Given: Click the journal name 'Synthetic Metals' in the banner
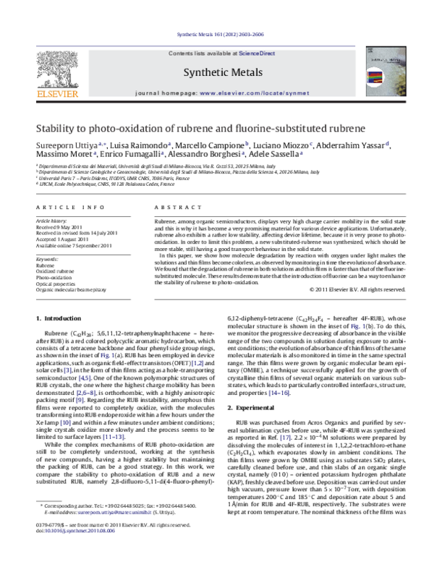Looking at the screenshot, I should coord(217,72).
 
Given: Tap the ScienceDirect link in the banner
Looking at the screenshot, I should coord(253,54).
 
